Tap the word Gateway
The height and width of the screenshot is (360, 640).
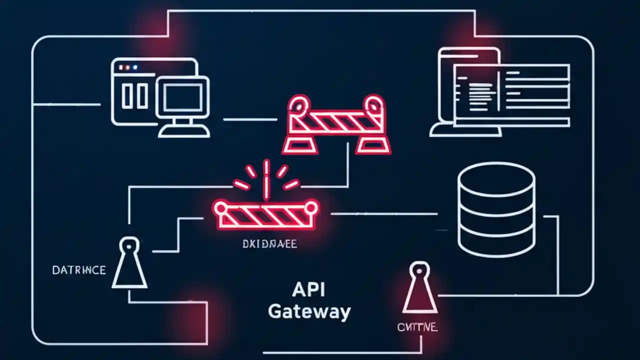[x=309, y=311]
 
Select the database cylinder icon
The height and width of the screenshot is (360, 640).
[x=496, y=209]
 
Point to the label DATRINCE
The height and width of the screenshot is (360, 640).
[x=79, y=270]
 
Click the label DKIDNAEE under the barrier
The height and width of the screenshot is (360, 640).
[x=269, y=244]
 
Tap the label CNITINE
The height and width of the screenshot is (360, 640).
[x=417, y=327]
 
